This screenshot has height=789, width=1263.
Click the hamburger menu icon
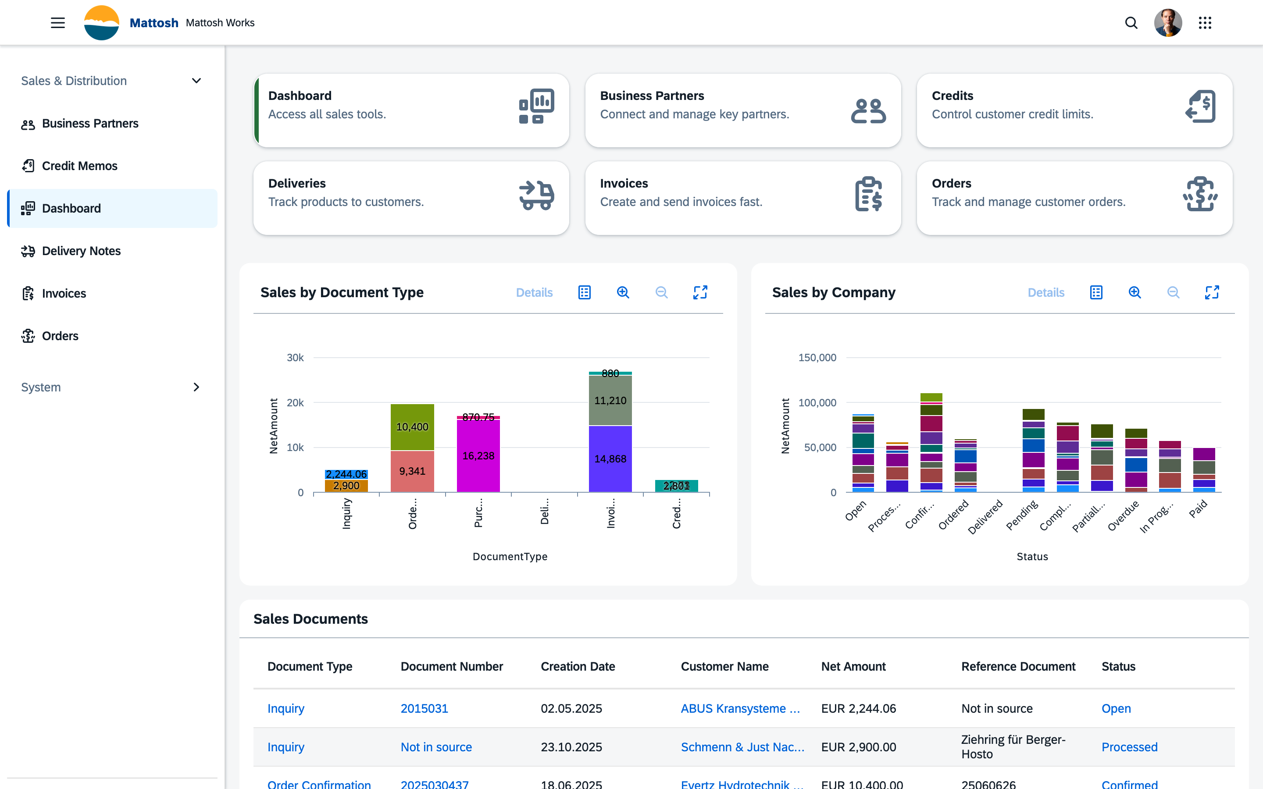click(x=58, y=23)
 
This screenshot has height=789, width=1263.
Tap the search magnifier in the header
click(x=1131, y=23)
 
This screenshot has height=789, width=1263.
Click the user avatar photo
click(x=1167, y=23)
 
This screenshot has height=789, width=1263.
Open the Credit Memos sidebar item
click(x=79, y=166)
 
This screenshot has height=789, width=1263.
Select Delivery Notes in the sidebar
click(x=81, y=251)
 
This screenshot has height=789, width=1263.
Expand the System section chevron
click(x=196, y=387)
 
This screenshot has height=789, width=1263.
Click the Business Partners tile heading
click(x=652, y=96)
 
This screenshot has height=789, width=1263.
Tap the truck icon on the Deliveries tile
click(x=536, y=195)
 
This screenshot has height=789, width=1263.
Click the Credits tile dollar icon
click(x=1200, y=107)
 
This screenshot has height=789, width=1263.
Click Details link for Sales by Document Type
click(x=534, y=293)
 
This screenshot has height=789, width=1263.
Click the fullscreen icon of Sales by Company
click(x=1211, y=293)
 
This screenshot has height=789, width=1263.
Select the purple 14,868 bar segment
click(x=610, y=458)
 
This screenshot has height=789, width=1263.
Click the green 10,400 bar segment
click(x=412, y=427)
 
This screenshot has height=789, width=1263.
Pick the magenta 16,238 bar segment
click(x=478, y=455)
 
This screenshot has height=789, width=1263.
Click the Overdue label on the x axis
click(x=1123, y=515)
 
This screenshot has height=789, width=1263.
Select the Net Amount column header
click(x=853, y=666)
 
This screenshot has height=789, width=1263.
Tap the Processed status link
click(x=1129, y=747)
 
